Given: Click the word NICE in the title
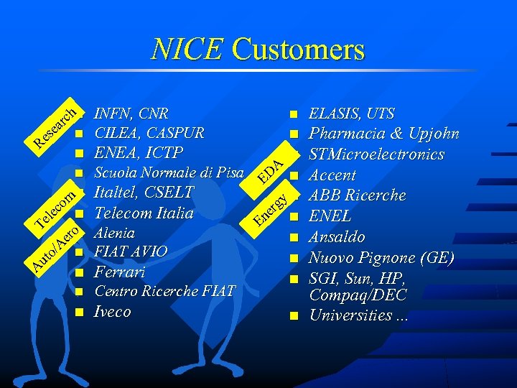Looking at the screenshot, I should point(187,50).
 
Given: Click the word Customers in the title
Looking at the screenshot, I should point(298,50).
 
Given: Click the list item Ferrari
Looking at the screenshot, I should point(120,272).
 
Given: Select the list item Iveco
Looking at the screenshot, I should point(113,312).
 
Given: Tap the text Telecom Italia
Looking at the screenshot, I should point(144,213).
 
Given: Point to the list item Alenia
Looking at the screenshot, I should point(114,233).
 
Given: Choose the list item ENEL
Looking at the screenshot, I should point(330,216).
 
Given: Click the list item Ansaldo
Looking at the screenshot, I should point(337,237).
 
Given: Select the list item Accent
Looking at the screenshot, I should point(332,175).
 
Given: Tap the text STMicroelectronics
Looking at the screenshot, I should point(376,154).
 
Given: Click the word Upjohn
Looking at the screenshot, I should point(434,134).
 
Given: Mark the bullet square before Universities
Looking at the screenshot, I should point(293,315).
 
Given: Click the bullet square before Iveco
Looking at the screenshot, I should point(79,313).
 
